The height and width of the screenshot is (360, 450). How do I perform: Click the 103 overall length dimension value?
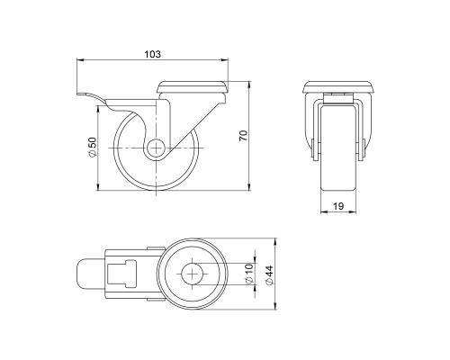(x=152, y=55)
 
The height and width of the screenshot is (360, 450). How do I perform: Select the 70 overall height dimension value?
(x=242, y=134)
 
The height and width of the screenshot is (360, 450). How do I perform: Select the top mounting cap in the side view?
(x=191, y=87)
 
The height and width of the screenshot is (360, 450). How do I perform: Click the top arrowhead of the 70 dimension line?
(x=249, y=83)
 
